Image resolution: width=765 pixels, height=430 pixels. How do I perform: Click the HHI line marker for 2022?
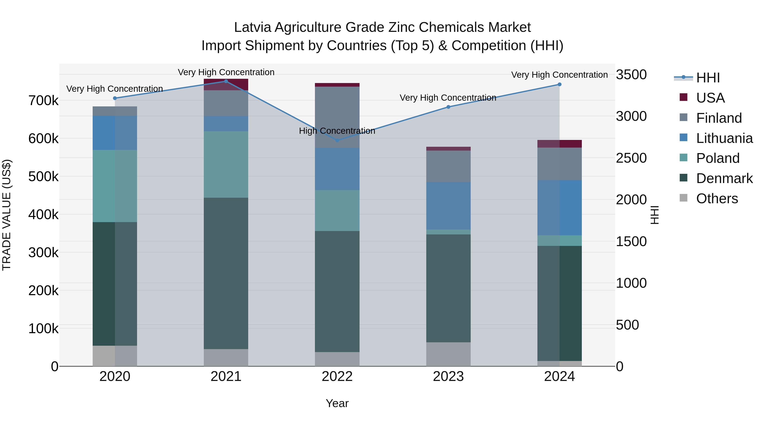337,140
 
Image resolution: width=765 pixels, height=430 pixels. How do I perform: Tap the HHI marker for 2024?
560,85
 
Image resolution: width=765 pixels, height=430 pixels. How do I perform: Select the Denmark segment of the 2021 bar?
226,273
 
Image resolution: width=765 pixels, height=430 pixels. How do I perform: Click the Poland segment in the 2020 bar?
115,186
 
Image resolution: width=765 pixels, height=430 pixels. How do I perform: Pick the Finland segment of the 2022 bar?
337,117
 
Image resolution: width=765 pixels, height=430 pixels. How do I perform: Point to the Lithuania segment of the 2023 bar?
448,206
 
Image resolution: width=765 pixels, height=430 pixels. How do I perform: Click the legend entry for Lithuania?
724,138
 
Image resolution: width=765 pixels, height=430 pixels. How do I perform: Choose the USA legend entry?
710,98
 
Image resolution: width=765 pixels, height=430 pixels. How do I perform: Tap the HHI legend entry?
708,78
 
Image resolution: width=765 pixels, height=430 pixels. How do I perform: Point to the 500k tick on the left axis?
43,177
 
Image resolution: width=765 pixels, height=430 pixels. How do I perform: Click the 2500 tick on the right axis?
631,158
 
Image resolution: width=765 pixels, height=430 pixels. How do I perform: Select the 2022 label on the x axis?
337,376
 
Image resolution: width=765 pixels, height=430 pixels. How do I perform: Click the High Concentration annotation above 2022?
337,131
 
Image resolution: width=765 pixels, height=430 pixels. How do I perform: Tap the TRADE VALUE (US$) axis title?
7,215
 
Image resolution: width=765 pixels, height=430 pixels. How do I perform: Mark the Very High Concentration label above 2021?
226,72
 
